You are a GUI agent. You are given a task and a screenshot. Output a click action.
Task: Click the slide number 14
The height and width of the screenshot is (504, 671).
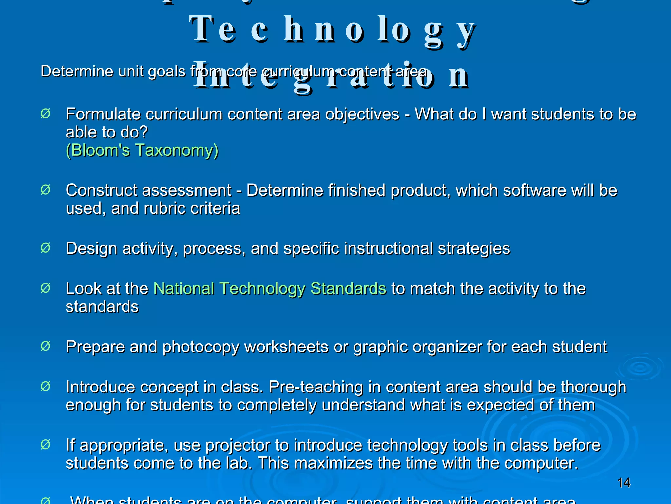(x=623, y=483)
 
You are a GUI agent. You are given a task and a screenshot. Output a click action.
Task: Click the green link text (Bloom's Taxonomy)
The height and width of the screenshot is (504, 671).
(x=142, y=150)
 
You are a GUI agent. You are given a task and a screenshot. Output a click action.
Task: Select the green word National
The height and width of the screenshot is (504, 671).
(x=183, y=289)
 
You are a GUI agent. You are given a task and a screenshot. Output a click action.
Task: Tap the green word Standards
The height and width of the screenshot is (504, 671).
(x=348, y=289)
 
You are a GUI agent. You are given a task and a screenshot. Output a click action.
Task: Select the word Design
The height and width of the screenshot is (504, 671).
(x=91, y=249)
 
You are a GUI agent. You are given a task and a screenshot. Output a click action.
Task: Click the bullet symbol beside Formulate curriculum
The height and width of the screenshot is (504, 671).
(x=46, y=114)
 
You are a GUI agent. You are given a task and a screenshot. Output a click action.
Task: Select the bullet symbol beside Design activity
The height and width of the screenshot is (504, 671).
(x=46, y=248)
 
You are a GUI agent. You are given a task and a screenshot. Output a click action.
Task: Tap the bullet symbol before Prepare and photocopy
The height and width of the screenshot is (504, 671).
(x=46, y=346)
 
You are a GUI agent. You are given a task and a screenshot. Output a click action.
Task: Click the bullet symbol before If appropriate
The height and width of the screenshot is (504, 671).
(x=46, y=445)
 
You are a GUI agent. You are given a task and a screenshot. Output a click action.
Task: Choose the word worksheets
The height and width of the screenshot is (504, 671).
(x=286, y=347)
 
